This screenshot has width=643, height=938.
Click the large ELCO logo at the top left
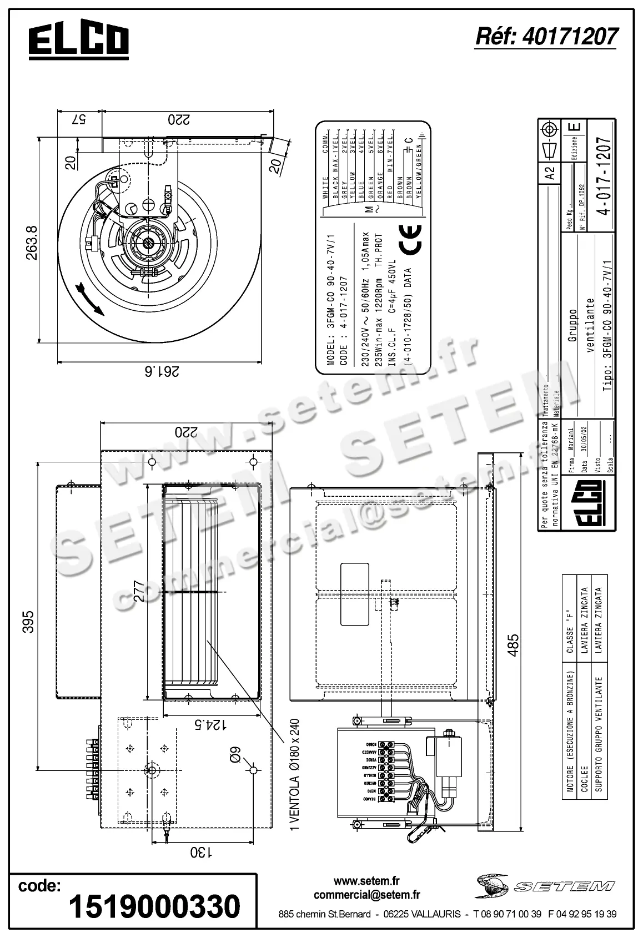point(78,40)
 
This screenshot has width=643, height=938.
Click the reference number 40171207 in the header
point(546,37)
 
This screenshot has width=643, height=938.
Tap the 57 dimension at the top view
point(79,119)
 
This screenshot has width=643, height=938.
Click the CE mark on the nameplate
point(410,239)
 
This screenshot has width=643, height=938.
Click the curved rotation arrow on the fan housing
point(88,298)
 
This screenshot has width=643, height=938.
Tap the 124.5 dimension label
point(212,724)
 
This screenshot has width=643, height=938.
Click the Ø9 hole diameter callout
point(237,755)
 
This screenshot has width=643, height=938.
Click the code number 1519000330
point(154,906)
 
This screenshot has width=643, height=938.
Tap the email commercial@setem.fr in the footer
point(366,895)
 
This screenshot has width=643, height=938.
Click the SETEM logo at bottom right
point(544,886)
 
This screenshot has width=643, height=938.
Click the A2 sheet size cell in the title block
point(550,174)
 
